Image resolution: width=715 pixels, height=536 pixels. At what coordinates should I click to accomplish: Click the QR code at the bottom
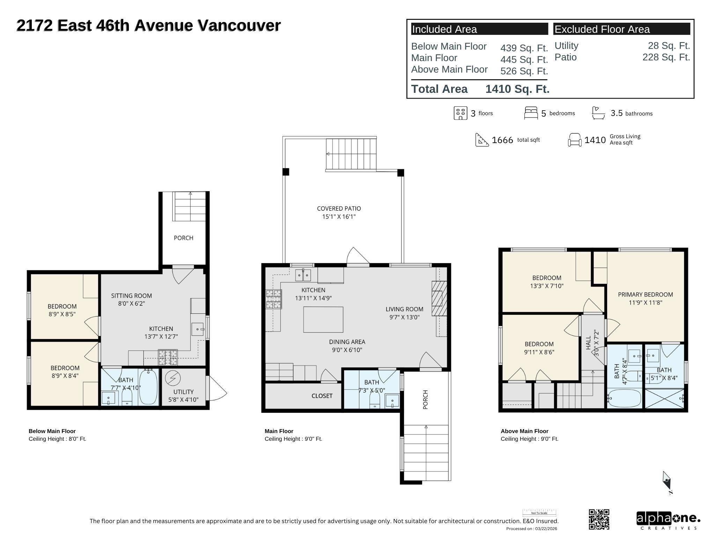point(599,519)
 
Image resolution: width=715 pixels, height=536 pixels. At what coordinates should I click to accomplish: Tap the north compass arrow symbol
point(667,483)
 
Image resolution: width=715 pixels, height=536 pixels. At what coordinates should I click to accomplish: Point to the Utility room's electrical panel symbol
point(172,378)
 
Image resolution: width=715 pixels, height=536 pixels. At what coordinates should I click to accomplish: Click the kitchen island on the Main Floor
point(323,319)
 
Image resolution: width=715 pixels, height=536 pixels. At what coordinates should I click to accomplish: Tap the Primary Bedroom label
point(645,295)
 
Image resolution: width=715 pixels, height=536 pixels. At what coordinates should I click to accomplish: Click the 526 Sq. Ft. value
point(524,71)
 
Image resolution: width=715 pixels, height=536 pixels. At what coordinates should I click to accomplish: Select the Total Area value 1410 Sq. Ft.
point(517,89)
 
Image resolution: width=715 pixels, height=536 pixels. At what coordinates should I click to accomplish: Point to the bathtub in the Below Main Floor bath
point(148,387)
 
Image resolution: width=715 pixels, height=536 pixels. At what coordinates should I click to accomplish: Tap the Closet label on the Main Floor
point(322,396)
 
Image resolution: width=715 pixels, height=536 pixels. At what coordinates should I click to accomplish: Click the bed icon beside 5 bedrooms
point(531,113)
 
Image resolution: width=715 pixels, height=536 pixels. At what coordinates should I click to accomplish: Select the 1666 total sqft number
point(502,140)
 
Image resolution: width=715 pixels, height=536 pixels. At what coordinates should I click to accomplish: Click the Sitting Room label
point(131,296)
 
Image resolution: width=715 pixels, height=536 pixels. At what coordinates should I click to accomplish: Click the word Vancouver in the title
point(239,25)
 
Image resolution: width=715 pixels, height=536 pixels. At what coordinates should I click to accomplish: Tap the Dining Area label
point(347,342)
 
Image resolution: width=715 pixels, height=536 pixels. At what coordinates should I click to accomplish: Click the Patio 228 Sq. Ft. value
point(666,57)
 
